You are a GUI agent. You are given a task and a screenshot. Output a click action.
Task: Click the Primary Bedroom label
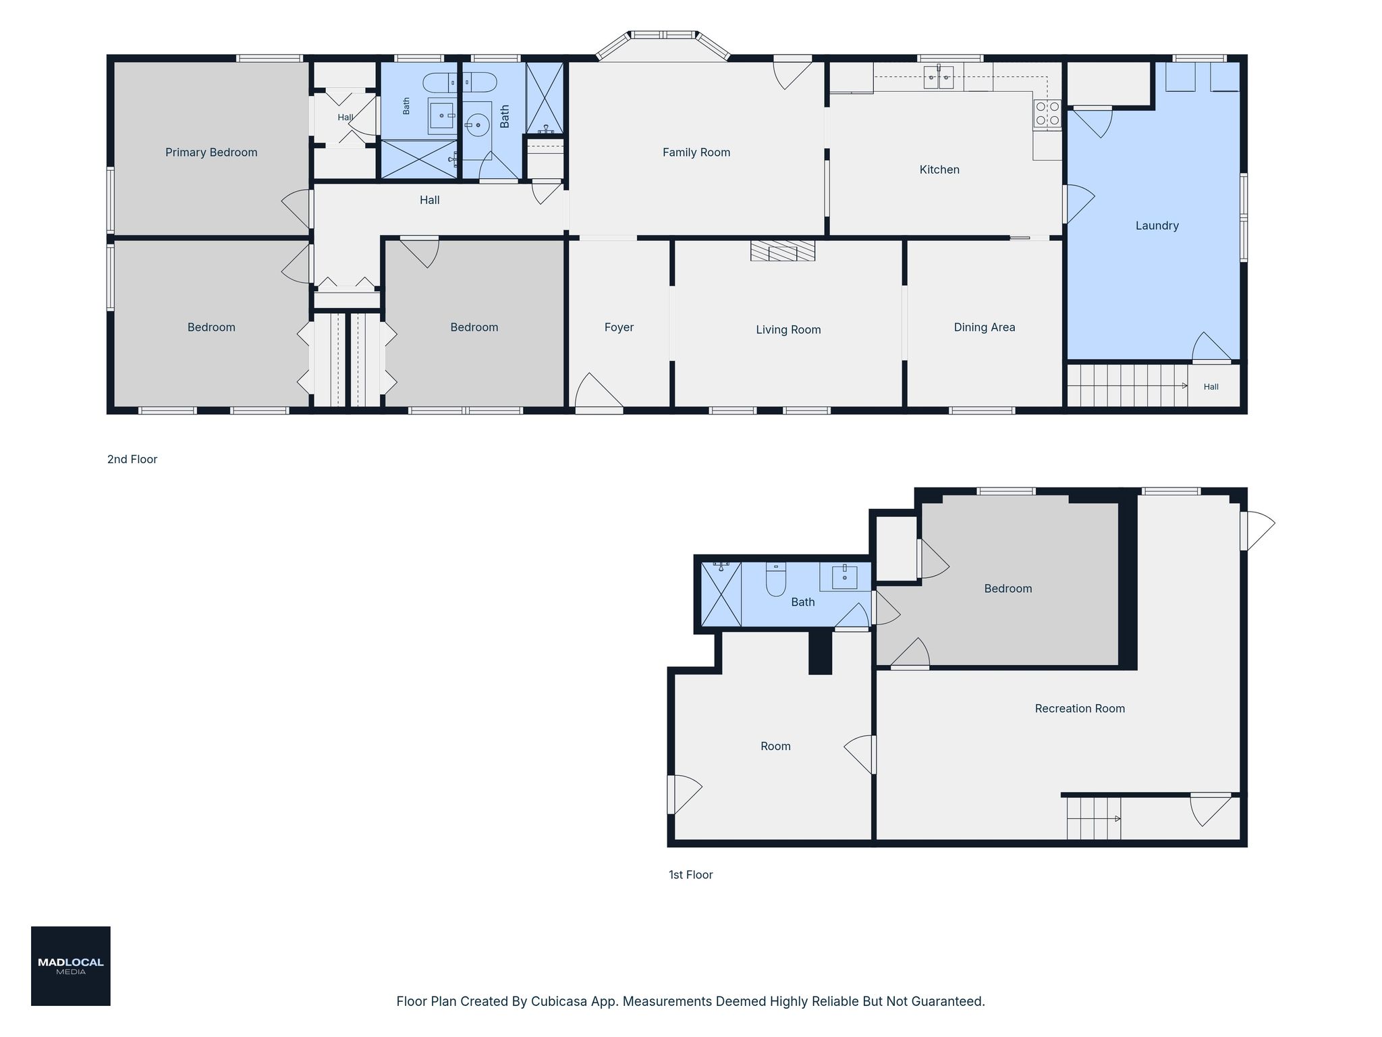coord(211,153)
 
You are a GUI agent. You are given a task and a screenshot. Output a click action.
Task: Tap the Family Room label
coord(696,153)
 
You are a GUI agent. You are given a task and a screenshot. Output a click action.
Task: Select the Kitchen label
coord(939,169)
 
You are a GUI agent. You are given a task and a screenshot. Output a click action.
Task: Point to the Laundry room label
coord(1157,225)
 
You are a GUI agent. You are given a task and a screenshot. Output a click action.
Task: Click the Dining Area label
coord(985,327)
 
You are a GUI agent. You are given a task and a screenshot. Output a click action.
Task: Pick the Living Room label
coord(788,329)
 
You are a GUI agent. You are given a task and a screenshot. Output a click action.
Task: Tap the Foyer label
coord(619,327)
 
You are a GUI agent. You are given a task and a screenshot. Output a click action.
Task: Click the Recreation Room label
coord(1080,708)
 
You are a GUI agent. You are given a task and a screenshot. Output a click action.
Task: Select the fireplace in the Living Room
coord(783,250)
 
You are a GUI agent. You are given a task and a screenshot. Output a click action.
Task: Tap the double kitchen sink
coord(939,78)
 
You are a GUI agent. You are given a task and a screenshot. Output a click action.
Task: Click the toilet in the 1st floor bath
coord(776,580)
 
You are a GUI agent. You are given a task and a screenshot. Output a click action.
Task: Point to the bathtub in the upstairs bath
coord(460,82)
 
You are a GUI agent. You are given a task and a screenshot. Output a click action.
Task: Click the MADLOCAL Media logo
coord(71,966)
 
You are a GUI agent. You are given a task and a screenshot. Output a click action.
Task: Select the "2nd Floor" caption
coord(132,459)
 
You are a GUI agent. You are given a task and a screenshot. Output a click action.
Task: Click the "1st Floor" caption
coord(690,875)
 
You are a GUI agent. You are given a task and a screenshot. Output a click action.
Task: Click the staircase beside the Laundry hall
coord(1128,385)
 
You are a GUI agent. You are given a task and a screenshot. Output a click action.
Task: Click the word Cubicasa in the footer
coord(557,1001)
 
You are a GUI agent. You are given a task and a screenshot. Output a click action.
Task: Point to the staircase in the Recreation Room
coord(1094,818)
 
